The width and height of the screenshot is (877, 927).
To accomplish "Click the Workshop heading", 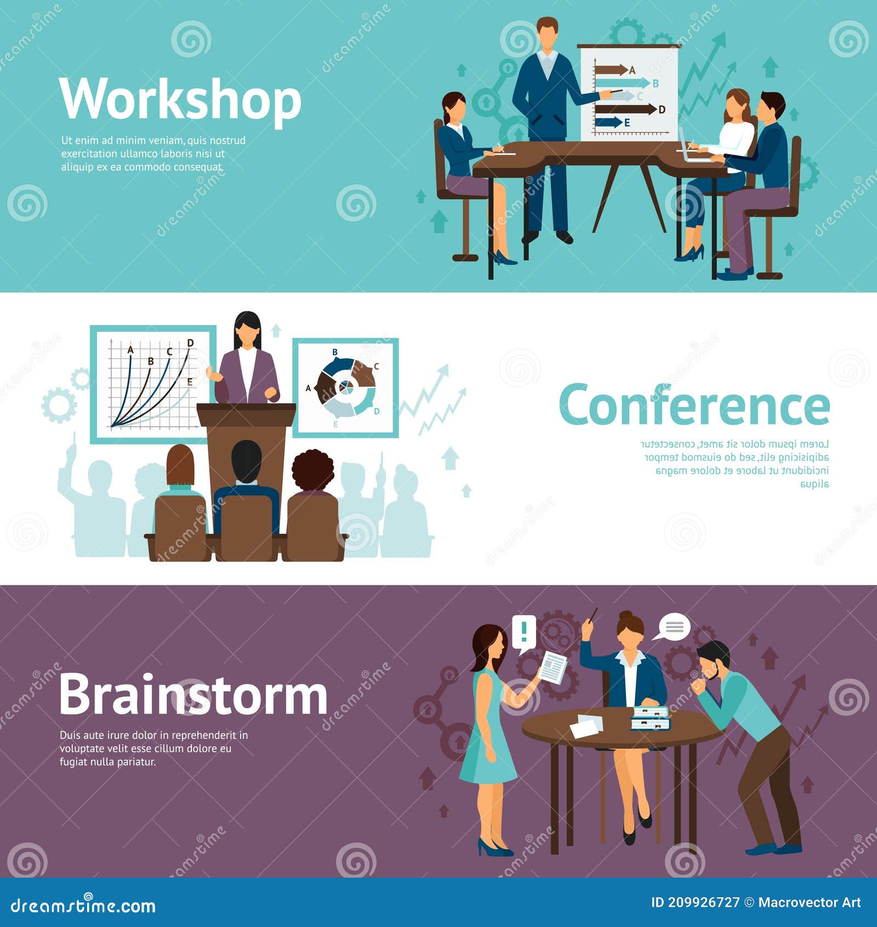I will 180,99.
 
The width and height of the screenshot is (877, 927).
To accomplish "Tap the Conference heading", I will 694,406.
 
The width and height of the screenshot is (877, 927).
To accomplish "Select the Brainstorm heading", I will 193,696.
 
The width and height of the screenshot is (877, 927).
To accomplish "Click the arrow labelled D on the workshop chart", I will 625,109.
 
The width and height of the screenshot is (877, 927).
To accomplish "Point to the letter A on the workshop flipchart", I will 632,70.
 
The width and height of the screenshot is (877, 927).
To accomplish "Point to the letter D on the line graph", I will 190,343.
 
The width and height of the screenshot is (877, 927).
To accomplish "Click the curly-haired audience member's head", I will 313,470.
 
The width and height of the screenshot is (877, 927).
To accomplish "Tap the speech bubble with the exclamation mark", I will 524,632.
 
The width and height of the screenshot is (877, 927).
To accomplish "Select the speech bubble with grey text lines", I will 673,627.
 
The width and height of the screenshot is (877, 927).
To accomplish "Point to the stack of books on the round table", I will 651,719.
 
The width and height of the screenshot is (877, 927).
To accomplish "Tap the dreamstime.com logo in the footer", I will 83,906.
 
